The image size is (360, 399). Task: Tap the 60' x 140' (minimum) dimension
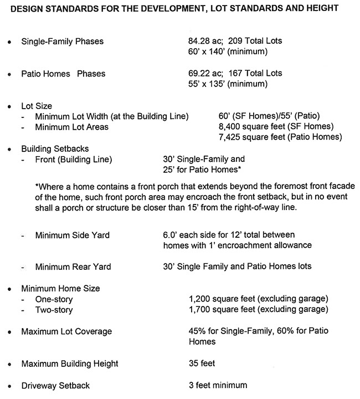(x=228, y=52)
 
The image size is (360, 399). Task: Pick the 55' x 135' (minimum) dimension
(x=228, y=84)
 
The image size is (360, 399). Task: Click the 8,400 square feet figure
(x=245, y=127)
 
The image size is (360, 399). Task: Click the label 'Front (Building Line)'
(x=74, y=160)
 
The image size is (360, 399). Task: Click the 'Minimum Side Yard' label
(x=72, y=236)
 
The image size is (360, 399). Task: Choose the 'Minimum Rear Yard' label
(x=73, y=267)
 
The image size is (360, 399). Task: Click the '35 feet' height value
(x=202, y=364)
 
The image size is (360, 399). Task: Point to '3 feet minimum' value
(x=218, y=385)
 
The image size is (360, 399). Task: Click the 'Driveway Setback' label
(x=55, y=385)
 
